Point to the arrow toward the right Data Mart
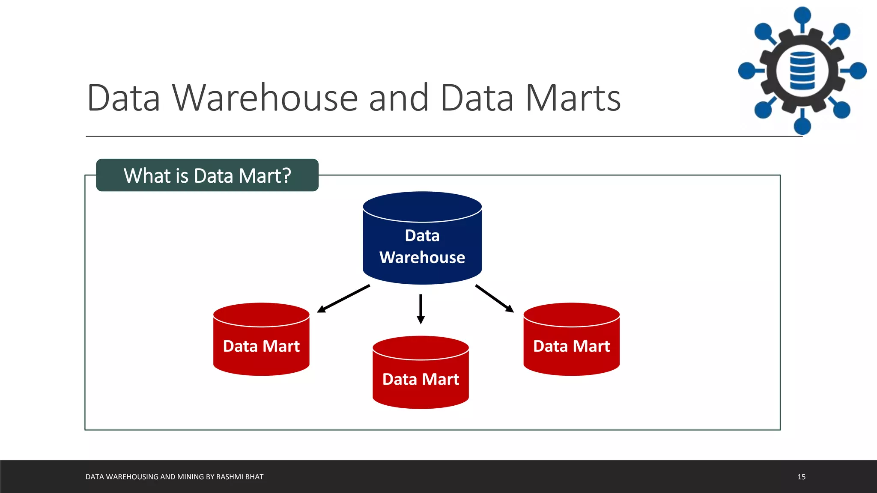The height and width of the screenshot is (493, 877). (x=495, y=299)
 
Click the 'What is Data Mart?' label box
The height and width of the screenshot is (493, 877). (x=207, y=175)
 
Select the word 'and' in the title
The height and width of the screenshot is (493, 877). (x=398, y=98)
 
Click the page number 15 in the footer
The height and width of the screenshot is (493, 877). (x=801, y=477)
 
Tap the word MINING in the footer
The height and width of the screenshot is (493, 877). (x=190, y=477)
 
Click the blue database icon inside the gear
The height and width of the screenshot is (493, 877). (x=802, y=71)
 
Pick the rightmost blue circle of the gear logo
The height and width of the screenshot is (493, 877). (x=858, y=71)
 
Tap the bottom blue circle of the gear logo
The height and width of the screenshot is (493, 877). (x=802, y=126)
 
